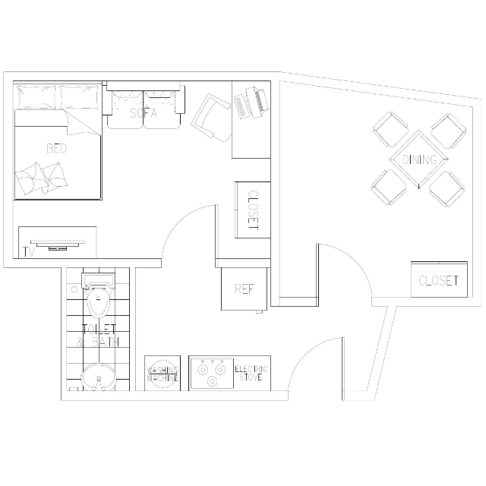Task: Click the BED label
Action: pyautogui.click(x=57, y=149)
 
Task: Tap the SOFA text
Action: pyautogui.click(x=144, y=113)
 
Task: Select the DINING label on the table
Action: pyautogui.click(x=419, y=159)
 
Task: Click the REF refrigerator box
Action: pyautogui.click(x=244, y=289)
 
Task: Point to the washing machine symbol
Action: pyautogui.click(x=163, y=373)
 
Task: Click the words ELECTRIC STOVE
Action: pyautogui.click(x=251, y=373)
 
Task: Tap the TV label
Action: pyautogui.click(x=29, y=252)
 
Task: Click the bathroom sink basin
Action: pyautogui.click(x=99, y=377)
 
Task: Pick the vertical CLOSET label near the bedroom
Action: pyautogui.click(x=253, y=210)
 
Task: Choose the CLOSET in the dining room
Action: pyautogui.click(x=439, y=279)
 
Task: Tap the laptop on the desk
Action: pyautogui.click(x=251, y=103)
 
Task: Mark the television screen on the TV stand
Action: pyautogui.click(x=58, y=241)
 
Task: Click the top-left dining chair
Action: pyautogui.click(x=390, y=129)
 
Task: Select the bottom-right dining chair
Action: pyautogui.click(x=447, y=189)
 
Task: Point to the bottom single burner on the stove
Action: pyautogui.click(x=212, y=381)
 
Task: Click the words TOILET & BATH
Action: pyautogui.click(x=98, y=335)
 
